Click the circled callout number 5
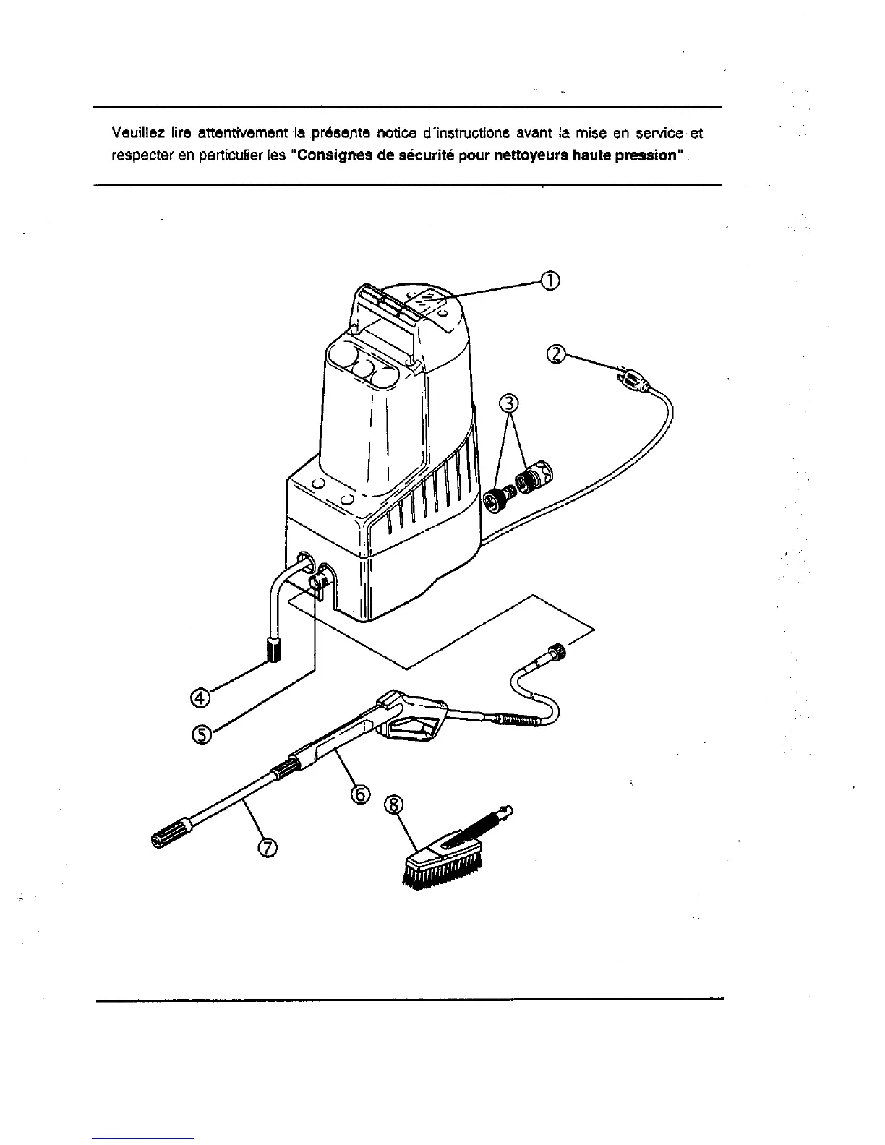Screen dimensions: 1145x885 200,734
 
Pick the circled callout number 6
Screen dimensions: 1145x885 359,794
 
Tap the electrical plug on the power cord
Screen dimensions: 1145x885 630,377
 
